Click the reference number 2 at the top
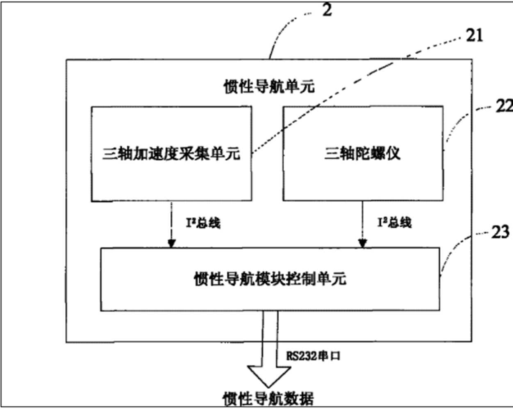(327, 10)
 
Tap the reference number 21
(475, 36)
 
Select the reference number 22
(504, 106)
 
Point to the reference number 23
(500, 232)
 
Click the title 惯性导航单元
(269, 87)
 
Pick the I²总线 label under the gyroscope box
(394, 222)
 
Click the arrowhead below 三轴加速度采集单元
(172, 243)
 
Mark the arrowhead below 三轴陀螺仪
(362, 243)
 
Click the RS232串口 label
(313, 355)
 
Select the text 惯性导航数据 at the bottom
(268, 399)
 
